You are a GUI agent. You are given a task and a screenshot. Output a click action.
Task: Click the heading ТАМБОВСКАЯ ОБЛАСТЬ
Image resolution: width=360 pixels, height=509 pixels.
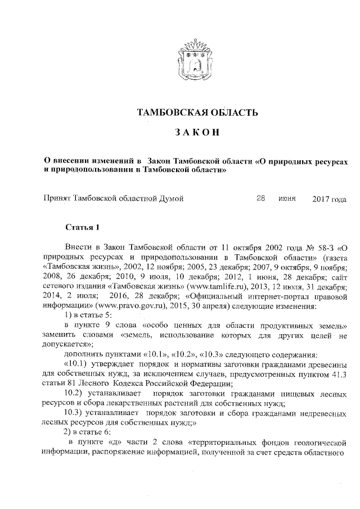coord(197,111)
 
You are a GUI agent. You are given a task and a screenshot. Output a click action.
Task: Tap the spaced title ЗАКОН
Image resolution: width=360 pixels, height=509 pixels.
coord(197,134)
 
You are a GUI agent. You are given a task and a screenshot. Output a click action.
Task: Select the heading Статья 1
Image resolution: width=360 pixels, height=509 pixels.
coord(82,227)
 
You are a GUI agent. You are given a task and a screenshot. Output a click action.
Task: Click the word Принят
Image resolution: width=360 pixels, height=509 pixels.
coord(58,198)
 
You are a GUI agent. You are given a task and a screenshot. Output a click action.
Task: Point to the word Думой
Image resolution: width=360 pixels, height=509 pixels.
coord(170,198)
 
